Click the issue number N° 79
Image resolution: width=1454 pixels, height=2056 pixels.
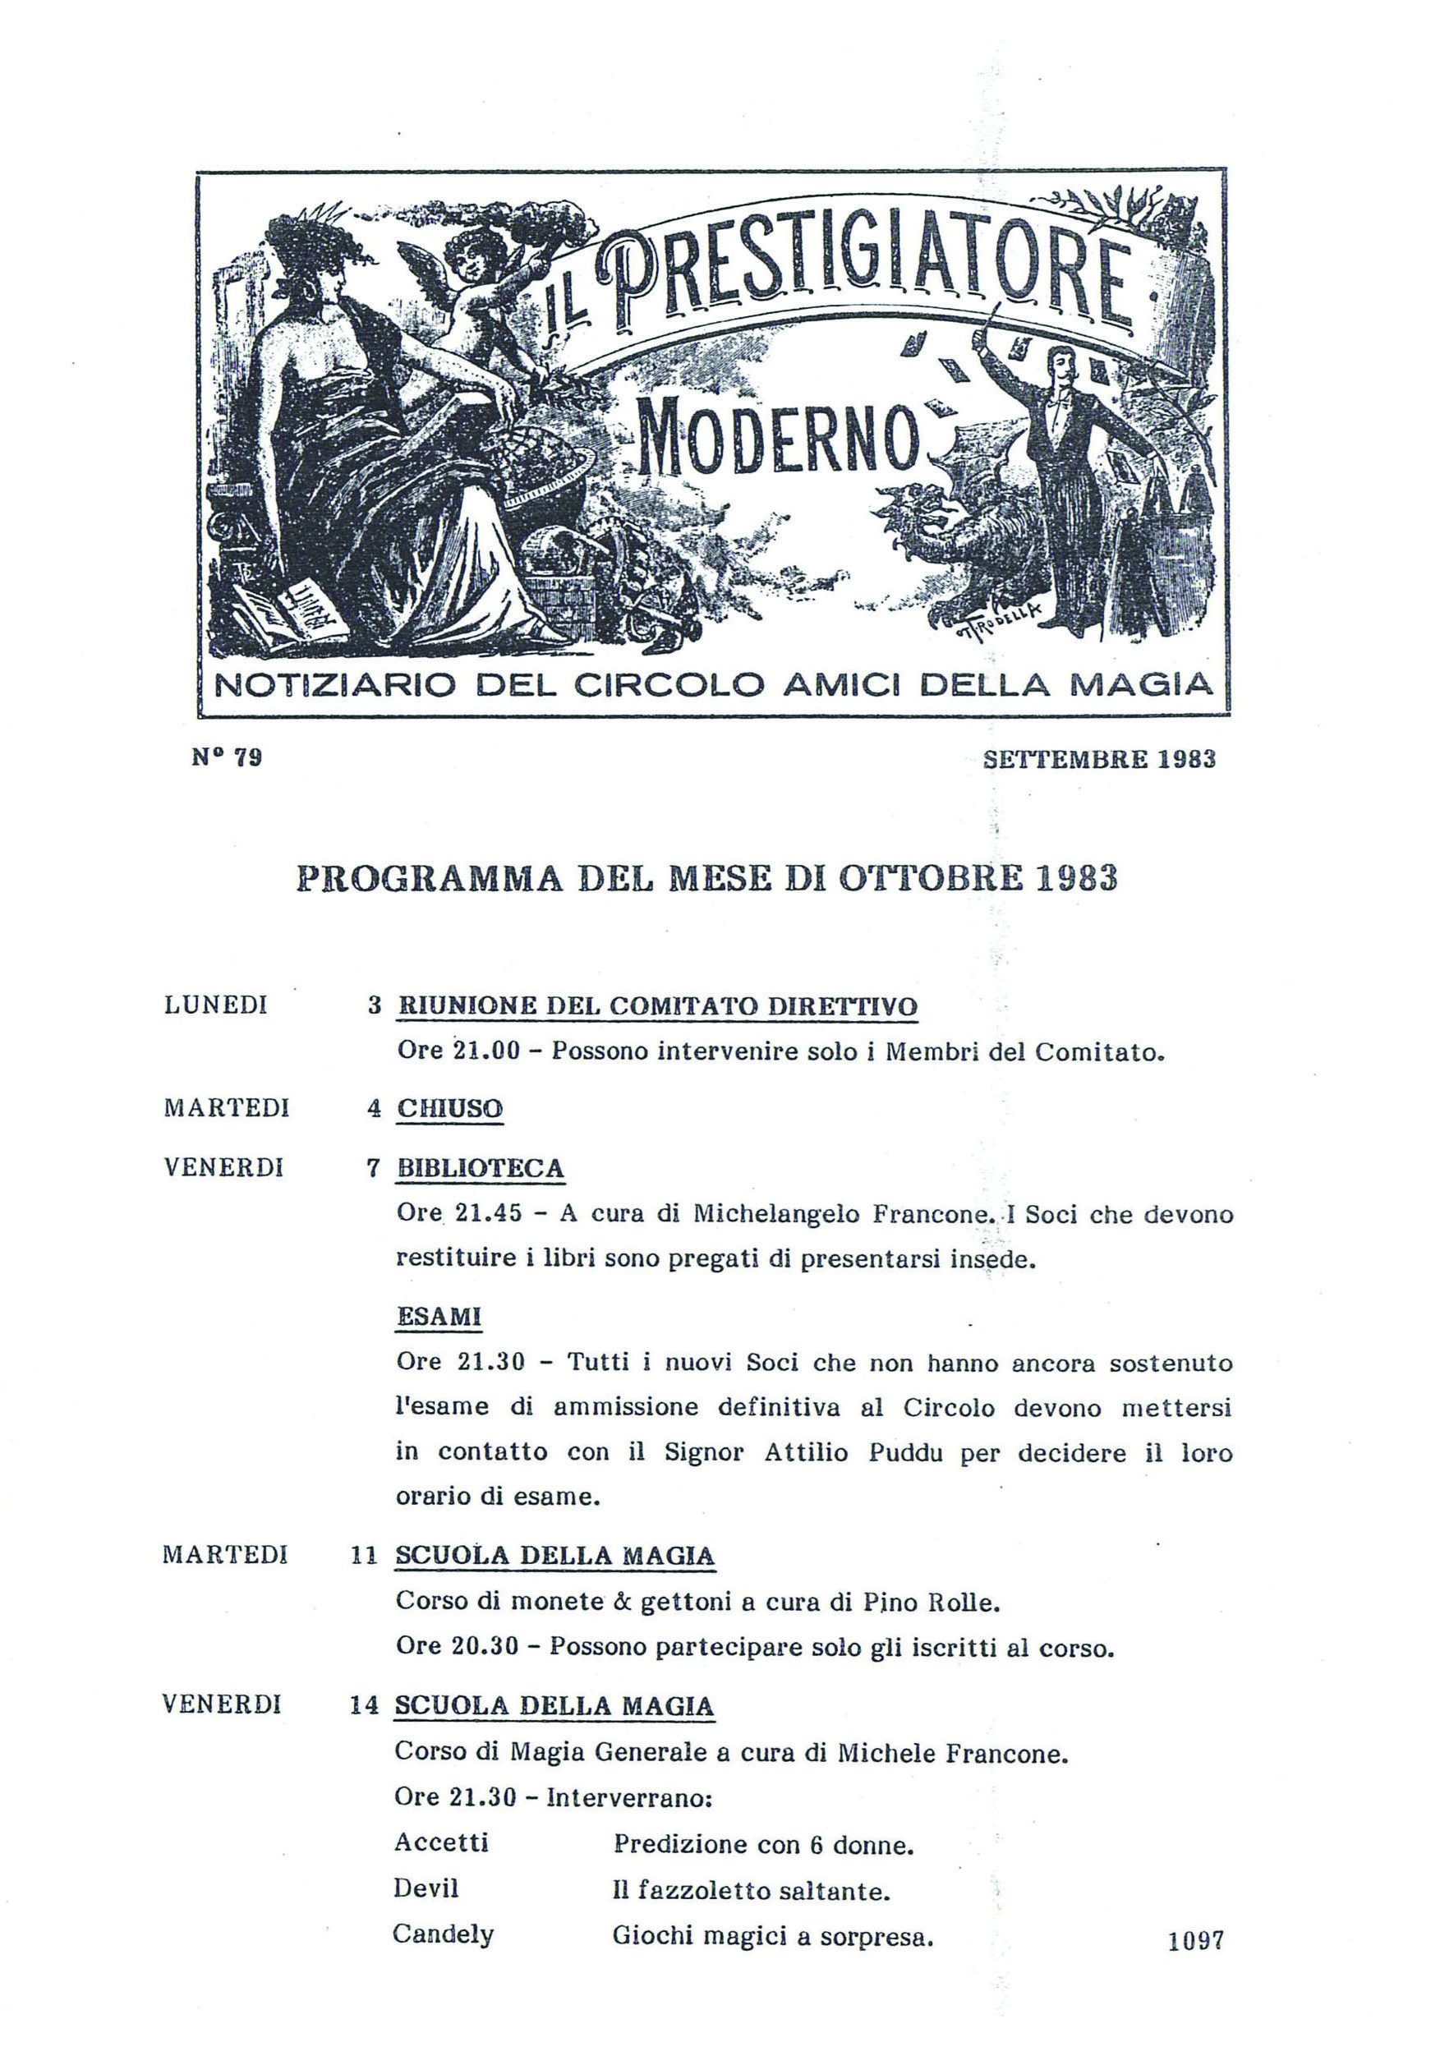tap(227, 757)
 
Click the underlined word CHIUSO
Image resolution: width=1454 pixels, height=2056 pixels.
tap(449, 1109)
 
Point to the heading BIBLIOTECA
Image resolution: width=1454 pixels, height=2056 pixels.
tap(480, 1169)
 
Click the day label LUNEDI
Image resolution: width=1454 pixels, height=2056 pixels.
tap(216, 1005)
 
